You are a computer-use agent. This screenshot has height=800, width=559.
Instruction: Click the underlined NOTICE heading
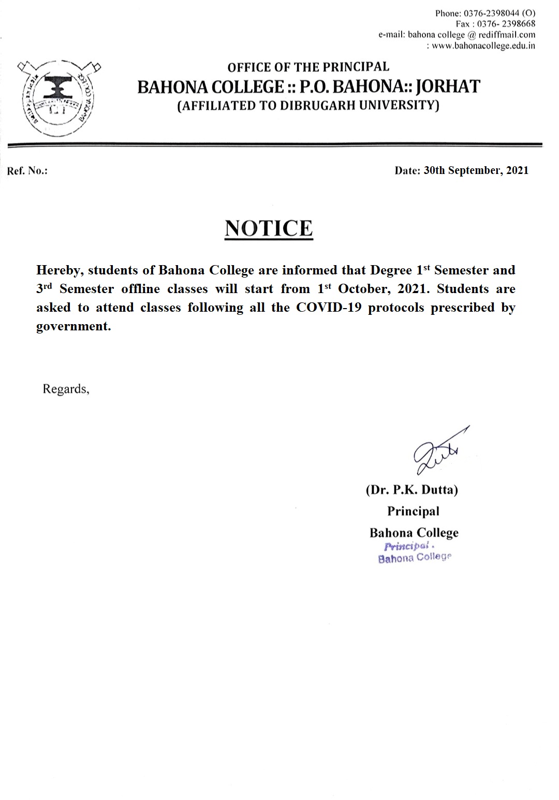click(x=269, y=228)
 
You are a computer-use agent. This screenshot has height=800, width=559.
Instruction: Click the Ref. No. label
click(x=27, y=171)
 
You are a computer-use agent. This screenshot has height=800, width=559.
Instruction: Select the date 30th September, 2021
click(x=476, y=170)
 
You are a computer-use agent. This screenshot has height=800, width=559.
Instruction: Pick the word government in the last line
click(x=73, y=327)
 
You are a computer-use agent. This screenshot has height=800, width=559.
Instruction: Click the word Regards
click(x=66, y=389)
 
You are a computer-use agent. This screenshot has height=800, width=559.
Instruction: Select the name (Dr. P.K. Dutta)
click(x=412, y=490)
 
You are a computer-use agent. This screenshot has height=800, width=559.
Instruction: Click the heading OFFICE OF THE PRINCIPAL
click(x=308, y=67)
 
